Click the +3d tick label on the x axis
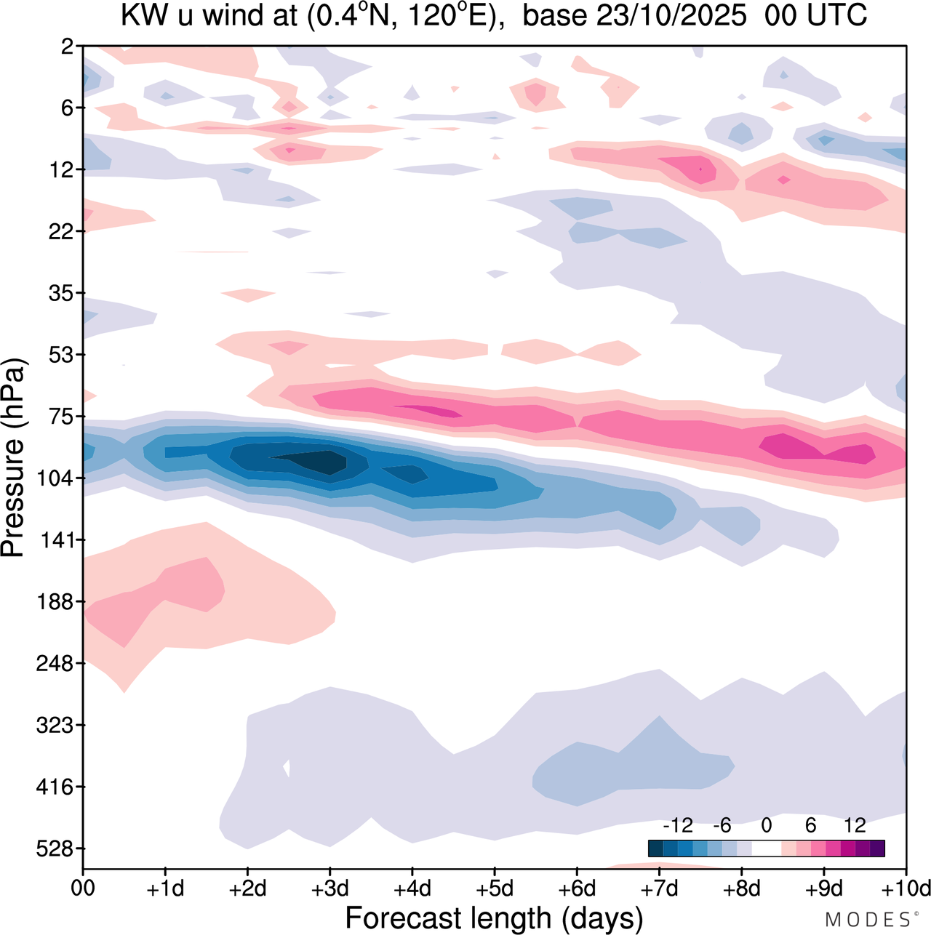click(x=330, y=888)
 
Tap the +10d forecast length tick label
click(x=906, y=888)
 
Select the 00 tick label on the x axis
click(x=83, y=888)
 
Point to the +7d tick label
click(x=660, y=888)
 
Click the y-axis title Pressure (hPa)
click(x=14, y=458)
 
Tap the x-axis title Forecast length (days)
click(x=495, y=918)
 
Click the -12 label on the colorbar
click(x=678, y=826)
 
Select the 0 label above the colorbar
click(x=767, y=826)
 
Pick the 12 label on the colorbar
click(x=855, y=826)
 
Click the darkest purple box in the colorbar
click(x=877, y=848)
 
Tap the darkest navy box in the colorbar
click(x=655, y=848)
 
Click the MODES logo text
click(x=867, y=920)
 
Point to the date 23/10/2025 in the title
click(x=671, y=16)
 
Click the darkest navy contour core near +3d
click(x=320, y=460)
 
